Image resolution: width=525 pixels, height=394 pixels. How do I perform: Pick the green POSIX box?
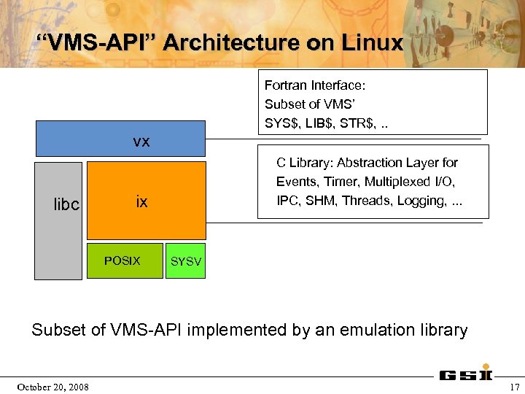coord(122,260)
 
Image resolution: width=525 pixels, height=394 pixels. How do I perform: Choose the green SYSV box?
coord(185,261)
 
